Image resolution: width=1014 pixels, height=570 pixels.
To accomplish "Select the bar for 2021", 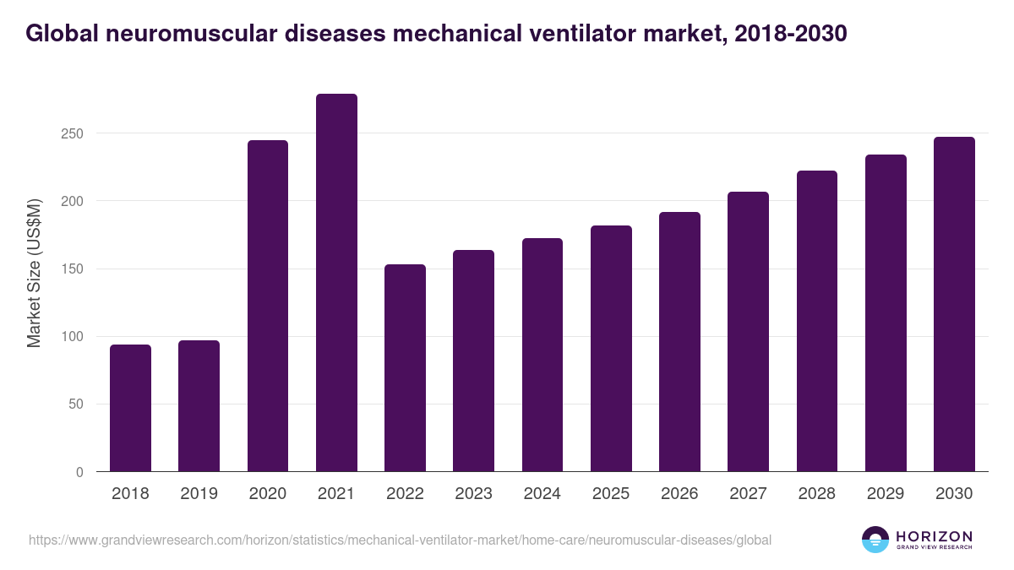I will coord(336,283).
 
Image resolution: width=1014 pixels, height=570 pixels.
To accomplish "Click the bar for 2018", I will coord(130,408).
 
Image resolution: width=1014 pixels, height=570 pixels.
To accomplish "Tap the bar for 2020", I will coord(268,306).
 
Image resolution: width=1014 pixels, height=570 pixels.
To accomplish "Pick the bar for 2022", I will coord(405,368).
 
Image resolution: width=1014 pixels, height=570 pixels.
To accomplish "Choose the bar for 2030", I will coord(954,304).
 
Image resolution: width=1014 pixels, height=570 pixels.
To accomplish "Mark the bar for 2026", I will coord(679,342).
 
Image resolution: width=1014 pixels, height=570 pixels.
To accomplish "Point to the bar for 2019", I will coord(199,406).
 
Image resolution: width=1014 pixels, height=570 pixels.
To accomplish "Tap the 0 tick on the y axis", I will coord(79,472).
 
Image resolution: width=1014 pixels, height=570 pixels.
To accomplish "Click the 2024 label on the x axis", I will coord(542,494).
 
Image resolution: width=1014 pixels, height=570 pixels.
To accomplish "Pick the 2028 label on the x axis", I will coord(816,494).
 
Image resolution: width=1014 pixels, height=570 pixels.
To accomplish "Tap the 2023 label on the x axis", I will coord(473,494).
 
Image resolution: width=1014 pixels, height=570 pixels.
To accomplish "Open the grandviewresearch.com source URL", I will coord(400,540).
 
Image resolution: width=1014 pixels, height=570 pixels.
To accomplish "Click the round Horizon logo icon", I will coord(875,540).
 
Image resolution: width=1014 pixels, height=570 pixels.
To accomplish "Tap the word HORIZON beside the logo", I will coord(934,536).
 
